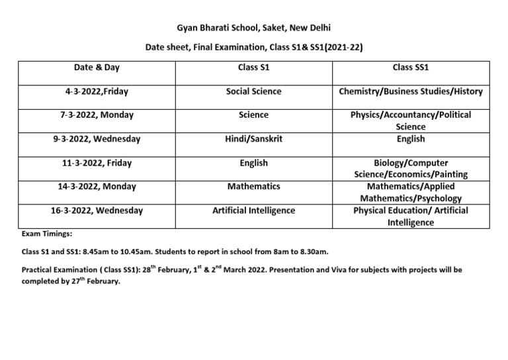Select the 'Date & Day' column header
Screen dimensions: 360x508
(97, 67)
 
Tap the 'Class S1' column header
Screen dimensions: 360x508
(253, 67)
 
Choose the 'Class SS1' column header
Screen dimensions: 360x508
(411, 67)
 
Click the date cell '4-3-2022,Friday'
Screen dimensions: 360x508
(97, 91)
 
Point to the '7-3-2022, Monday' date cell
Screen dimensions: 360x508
(97, 115)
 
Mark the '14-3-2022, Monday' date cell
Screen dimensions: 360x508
(97, 187)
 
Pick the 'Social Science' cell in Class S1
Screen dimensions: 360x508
(253, 91)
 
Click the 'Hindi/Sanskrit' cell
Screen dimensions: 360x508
(253, 139)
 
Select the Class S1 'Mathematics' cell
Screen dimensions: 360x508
(253, 187)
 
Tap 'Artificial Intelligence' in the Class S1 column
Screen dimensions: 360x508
(253, 210)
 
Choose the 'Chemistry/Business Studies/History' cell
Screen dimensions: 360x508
(411, 91)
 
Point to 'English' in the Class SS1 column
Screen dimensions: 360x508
(411, 139)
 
